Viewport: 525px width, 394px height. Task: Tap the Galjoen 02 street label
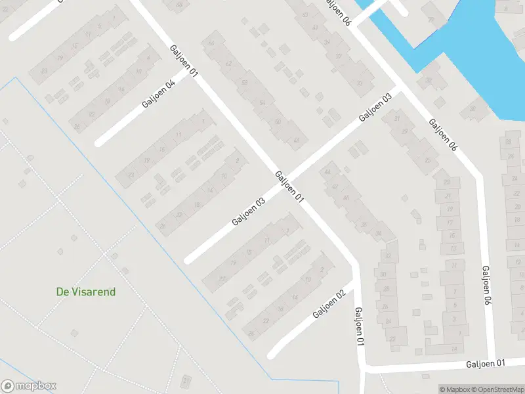329,303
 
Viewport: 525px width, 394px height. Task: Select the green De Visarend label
86,292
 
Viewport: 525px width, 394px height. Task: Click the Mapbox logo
29,386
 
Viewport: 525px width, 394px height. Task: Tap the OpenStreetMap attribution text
496,389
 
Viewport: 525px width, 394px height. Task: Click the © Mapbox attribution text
453,389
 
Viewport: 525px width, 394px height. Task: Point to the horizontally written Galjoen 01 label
486,363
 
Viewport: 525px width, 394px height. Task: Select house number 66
211,44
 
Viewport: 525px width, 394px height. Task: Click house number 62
228,64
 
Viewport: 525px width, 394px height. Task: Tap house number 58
245,83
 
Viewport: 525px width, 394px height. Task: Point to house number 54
262,103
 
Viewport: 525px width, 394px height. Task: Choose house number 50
278,122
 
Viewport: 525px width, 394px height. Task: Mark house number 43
305,14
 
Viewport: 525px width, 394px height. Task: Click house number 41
316,28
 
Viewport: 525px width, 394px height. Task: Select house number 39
327,41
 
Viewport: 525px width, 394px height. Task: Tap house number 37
339,56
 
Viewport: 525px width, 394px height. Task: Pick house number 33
359,83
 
